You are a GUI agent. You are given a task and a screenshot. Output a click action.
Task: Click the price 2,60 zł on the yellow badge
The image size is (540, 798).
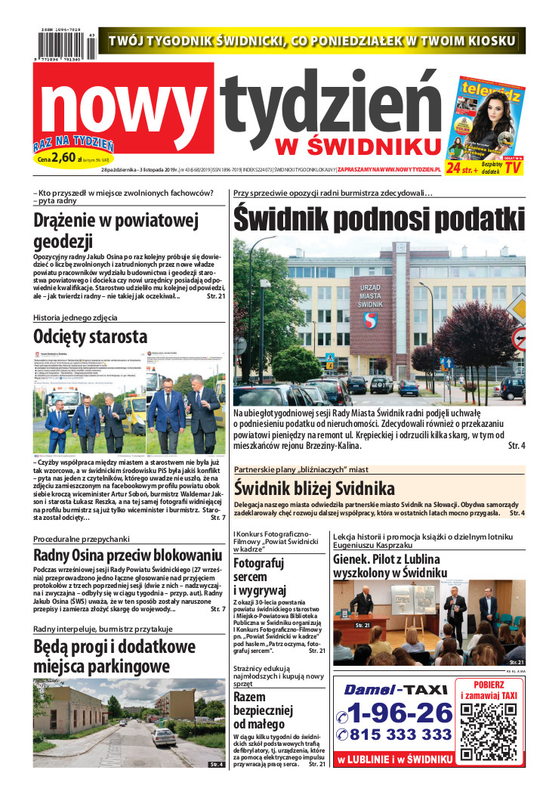click(66, 158)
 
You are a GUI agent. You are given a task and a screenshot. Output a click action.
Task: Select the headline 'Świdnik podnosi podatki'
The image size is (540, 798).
click(378, 219)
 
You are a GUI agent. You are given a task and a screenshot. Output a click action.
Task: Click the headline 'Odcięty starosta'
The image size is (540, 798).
click(91, 336)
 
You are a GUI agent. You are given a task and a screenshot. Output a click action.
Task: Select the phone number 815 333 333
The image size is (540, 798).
click(395, 735)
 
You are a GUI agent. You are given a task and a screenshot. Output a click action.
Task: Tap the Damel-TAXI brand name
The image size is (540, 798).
click(395, 689)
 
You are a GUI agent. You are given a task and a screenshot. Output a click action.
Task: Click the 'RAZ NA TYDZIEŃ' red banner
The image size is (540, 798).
click(73, 143)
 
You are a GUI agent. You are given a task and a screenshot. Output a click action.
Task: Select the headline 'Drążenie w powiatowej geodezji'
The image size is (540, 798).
click(115, 230)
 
